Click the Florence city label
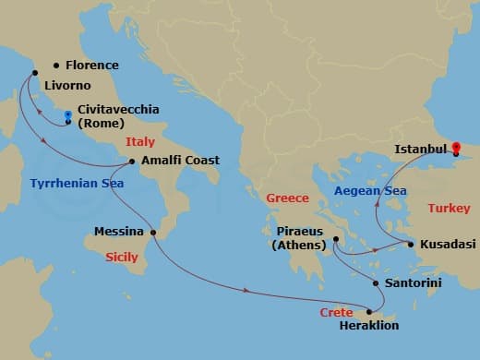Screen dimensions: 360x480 click(92, 66)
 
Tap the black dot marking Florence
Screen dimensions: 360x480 click(57, 66)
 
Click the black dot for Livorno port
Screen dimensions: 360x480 click(35, 74)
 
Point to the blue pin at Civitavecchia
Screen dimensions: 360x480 click(68, 117)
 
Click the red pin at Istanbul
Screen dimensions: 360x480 click(455, 145)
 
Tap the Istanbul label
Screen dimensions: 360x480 click(420, 149)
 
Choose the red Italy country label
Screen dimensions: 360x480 click(140, 143)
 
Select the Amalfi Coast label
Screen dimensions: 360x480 click(180, 161)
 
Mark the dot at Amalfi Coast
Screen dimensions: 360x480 click(133, 162)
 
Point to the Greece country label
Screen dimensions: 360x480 click(286, 198)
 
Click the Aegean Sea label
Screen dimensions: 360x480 click(369, 191)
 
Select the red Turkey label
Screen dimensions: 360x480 click(450, 209)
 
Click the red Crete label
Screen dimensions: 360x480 click(337, 314)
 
